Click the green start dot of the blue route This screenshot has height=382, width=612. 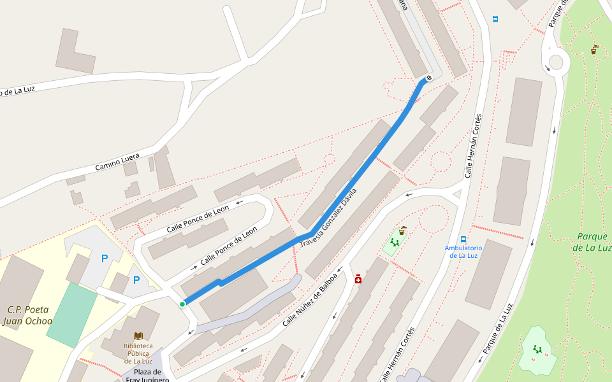[182, 304]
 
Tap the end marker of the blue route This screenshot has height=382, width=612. [428, 78]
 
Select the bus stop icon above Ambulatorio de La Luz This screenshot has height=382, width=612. [463, 239]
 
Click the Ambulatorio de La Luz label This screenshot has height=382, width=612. [463, 251]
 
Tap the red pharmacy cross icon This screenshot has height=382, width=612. [358, 279]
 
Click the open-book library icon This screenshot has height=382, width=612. [138, 336]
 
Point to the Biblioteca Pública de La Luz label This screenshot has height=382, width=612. [138, 353]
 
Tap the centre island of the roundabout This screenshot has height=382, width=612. [557, 62]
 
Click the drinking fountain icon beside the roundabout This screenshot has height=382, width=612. [594, 50]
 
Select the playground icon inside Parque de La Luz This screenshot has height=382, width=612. [537, 349]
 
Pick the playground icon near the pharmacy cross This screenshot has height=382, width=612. [395, 243]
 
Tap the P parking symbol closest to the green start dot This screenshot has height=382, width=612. [136, 280]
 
